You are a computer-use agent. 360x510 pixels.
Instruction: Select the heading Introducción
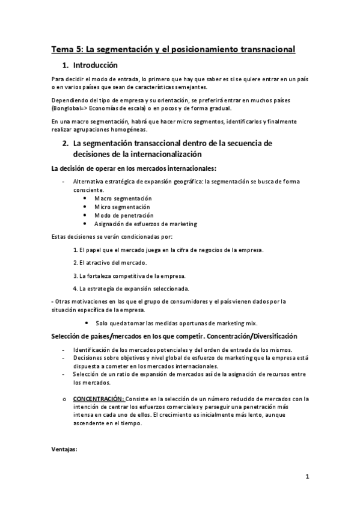click(x=95, y=65)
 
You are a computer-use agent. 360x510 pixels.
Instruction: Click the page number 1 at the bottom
click(x=307, y=478)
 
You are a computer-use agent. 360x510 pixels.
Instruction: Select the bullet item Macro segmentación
click(x=123, y=198)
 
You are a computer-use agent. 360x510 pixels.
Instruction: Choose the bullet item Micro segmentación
click(x=122, y=207)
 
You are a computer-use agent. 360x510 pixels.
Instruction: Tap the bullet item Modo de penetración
click(x=124, y=215)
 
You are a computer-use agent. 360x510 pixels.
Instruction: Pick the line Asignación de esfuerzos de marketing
click(x=145, y=224)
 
